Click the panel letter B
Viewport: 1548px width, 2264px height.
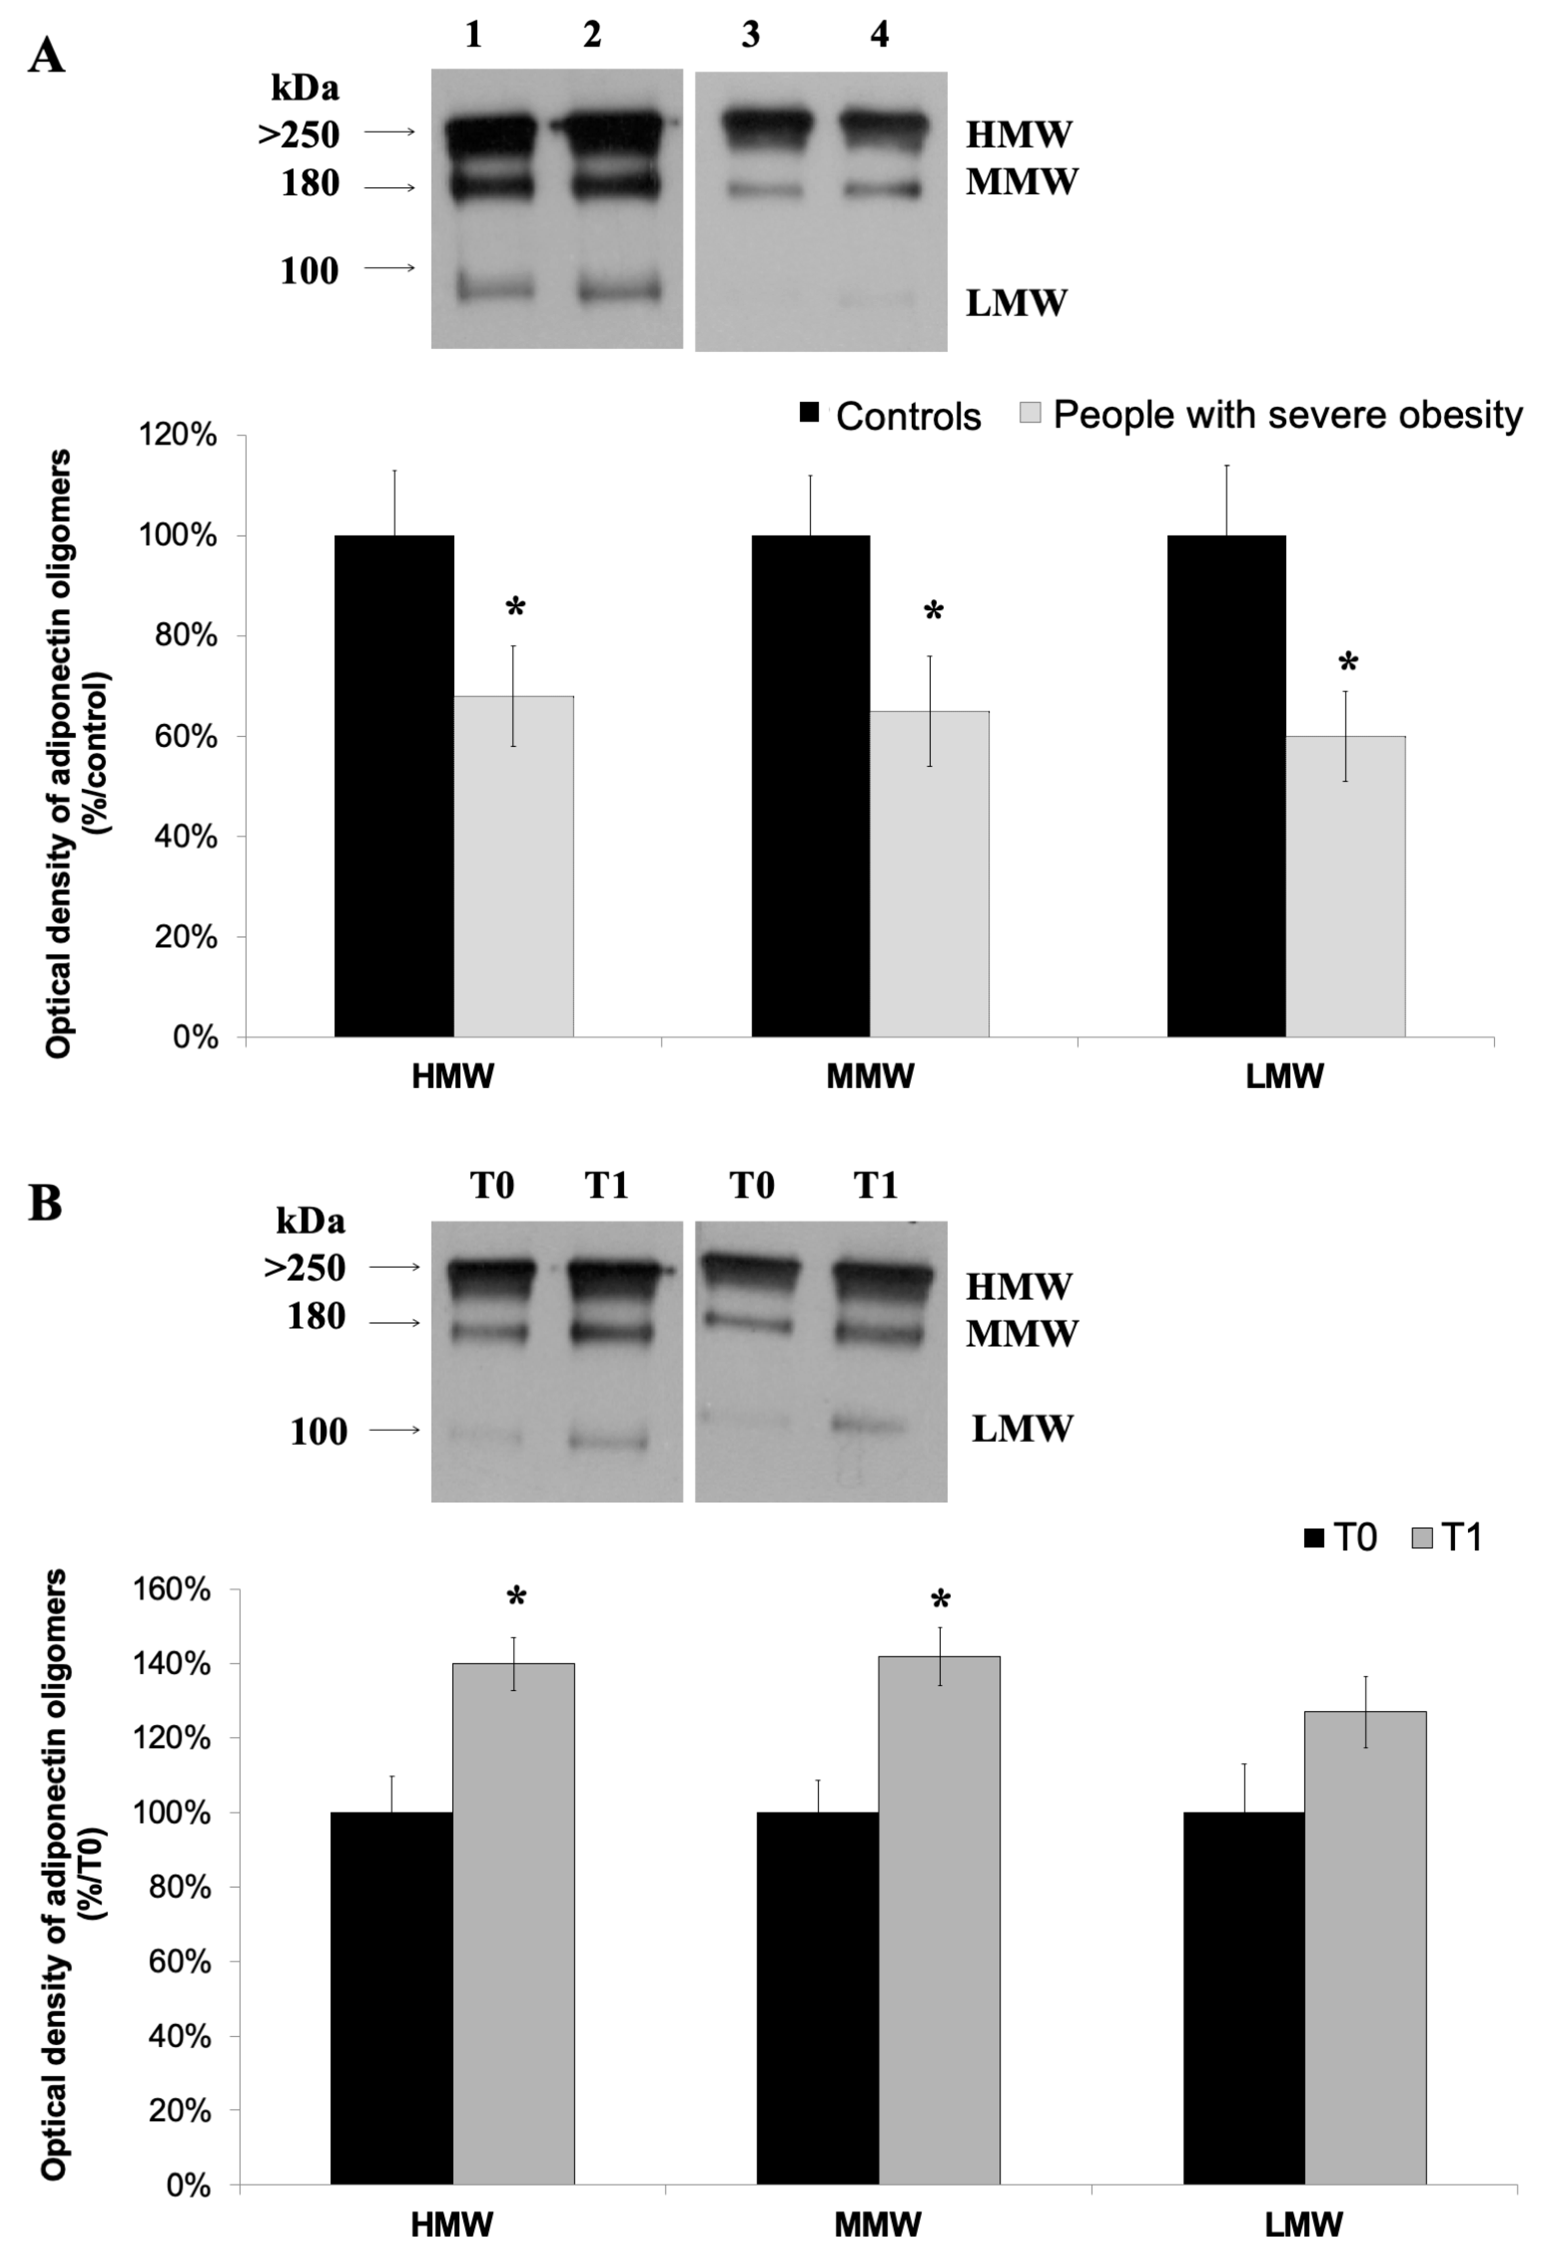pyautogui.click(x=46, y=1204)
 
